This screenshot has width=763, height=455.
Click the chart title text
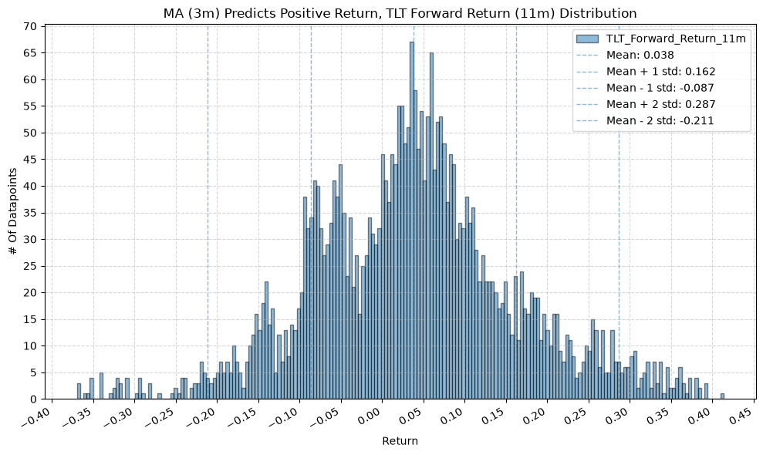400,13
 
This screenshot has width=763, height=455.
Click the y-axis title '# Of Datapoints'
13,211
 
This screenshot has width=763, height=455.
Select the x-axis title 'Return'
400,441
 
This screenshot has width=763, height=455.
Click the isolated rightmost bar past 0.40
722,396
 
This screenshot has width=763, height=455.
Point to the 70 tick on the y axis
30,26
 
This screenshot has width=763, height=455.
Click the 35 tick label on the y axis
30,213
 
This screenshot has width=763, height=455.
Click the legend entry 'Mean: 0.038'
640,55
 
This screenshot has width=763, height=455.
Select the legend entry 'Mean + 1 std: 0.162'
661,72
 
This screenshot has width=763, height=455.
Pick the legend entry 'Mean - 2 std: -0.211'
660,120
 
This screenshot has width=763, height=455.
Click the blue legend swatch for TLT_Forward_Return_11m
587,39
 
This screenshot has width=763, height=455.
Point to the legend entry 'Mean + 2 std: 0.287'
661,104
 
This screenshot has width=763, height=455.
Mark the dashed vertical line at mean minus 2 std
208,212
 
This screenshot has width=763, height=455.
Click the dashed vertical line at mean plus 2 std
619,212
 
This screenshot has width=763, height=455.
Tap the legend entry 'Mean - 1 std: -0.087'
660,88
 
